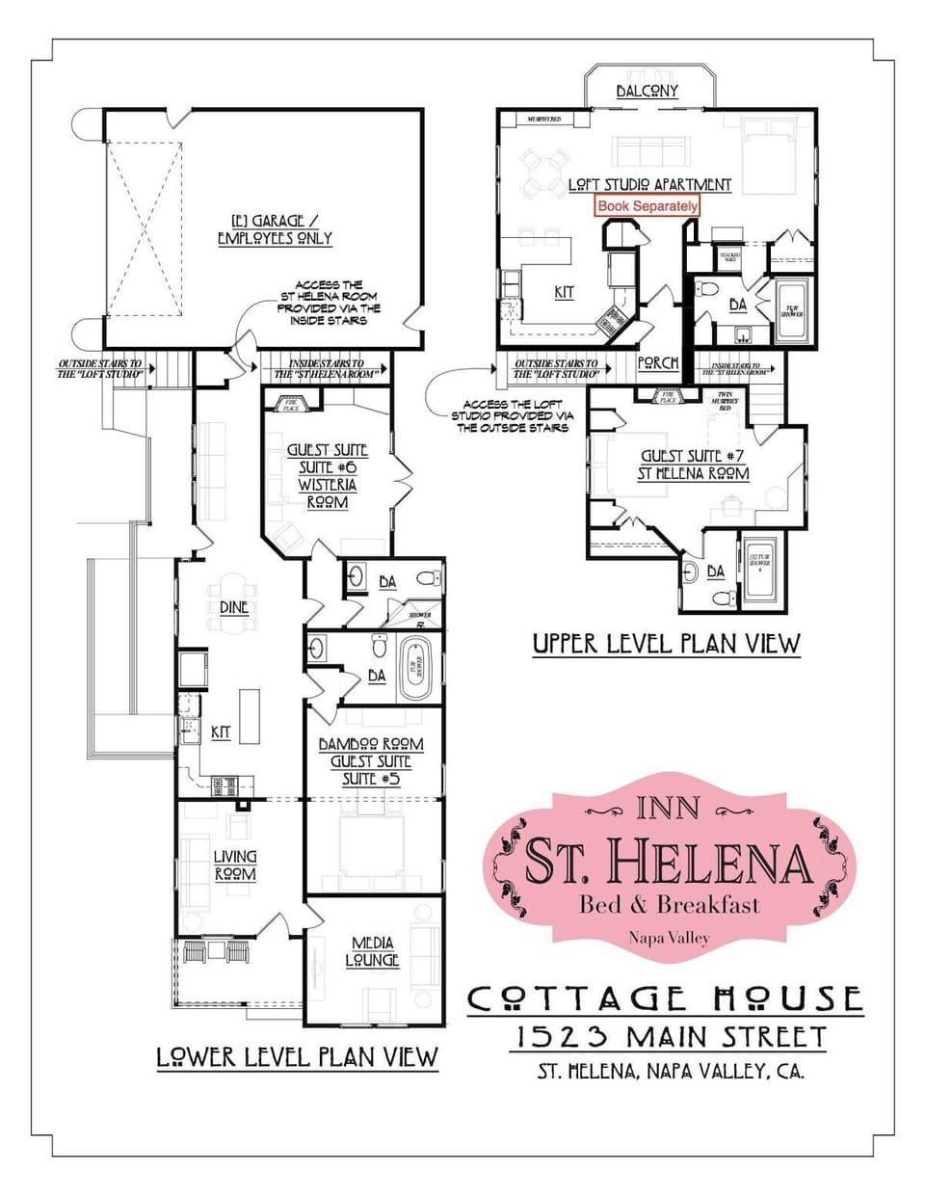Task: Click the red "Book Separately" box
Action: (647, 206)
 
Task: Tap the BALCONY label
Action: (647, 91)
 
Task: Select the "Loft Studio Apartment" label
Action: (649, 184)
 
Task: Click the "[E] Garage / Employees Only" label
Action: (275, 229)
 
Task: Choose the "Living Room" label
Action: (235, 864)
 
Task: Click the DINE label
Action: (234, 608)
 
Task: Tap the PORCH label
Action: (659, 363)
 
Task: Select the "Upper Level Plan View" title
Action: (666, 643)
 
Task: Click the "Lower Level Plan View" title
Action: (297, 1057)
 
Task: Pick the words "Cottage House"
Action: (665, 998)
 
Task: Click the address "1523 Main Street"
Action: (672, 1037)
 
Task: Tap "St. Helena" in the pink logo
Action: (668, 861)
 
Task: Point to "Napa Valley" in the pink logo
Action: (668, 937)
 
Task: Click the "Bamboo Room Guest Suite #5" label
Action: (371, 760)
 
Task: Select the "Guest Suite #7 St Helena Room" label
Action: (694, 464)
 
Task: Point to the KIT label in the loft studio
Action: (564, 292)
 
